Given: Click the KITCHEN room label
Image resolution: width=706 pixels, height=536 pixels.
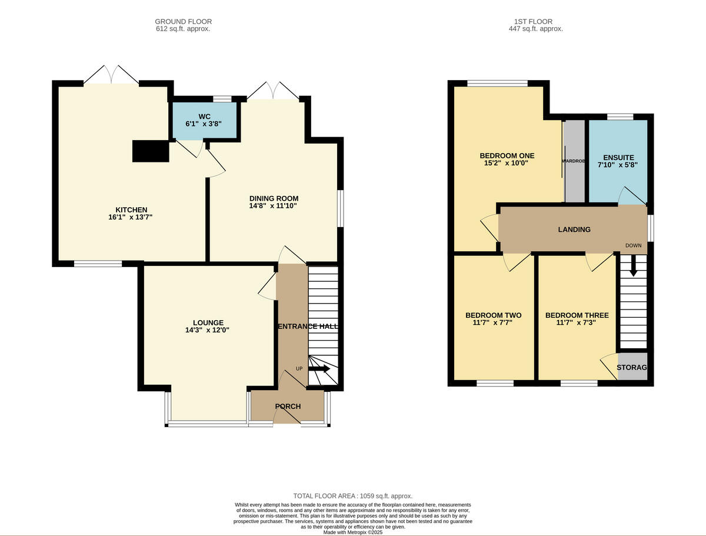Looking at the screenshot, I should pyautogui.click(x=131, y=210).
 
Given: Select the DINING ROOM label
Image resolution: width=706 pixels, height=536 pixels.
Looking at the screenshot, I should pyautogui.click(x=274, y=198).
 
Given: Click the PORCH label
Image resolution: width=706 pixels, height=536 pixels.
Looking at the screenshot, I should pyautogui.click(x=288, y=407).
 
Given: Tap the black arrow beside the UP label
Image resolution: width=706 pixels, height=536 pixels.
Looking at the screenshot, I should pyautogui.click(x=319, y=369).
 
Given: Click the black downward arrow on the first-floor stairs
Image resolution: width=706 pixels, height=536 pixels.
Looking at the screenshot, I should pyautogui.click(x=633, y=266).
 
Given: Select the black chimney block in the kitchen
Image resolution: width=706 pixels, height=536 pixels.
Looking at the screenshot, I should pyautogui.click(x=151, y=151).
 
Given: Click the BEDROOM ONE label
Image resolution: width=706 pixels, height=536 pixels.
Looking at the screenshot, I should pyautogui.click(x=507, y=156).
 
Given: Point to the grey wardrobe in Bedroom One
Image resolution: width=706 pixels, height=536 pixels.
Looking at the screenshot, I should pyautogui.click(x=574, y=162).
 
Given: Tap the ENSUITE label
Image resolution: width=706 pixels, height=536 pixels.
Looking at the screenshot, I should pyautogui.click(x=618, y=158).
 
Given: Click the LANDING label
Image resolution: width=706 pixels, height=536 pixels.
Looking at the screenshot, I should pyautogui.click(x=574, y=229).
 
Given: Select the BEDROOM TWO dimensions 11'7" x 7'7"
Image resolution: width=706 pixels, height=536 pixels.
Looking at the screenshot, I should pyautogui.click(x=493, y=323).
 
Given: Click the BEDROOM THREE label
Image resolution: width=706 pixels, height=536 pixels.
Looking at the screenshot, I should pyautogui.click(x=577, y=315).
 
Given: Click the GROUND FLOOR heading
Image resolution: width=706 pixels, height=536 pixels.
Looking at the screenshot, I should pyautogui.click(x=183, y=22).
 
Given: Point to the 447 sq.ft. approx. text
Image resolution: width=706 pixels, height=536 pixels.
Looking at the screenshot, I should pyautogui.click(x=535, y=29).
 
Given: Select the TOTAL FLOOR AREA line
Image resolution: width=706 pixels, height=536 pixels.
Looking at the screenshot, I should pyautogui.click(x=353, y=496).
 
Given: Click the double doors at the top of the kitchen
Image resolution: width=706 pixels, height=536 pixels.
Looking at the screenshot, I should pyautogui.click(x=111, y=75).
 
